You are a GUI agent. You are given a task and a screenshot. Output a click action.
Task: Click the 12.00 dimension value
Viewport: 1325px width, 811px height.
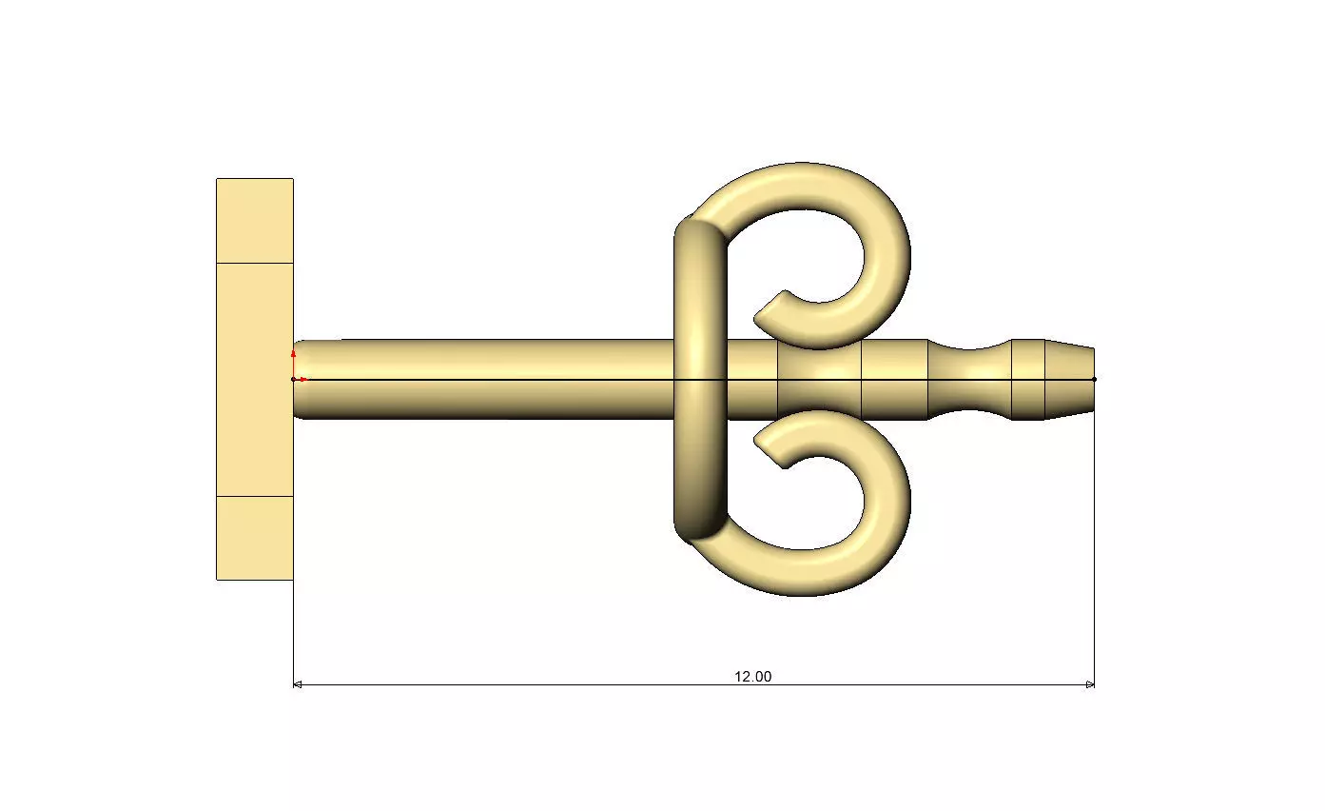(752, 677)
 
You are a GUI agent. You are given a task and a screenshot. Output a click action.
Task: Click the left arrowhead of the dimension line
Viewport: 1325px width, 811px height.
(297, 684)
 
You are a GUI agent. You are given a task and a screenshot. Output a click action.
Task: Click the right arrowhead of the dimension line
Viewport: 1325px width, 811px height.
(1090, 684)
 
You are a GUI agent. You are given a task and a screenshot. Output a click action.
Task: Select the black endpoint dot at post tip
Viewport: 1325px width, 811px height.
(1094, 379)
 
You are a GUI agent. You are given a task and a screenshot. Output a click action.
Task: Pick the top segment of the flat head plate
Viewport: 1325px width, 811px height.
(254, 220)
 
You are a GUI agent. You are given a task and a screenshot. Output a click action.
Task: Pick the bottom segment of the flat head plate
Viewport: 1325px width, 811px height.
(254, 538)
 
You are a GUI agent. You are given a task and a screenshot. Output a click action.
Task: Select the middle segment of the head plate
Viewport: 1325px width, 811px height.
(254, 379)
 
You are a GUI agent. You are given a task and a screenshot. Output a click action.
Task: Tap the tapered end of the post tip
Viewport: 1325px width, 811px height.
(1070, 379)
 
